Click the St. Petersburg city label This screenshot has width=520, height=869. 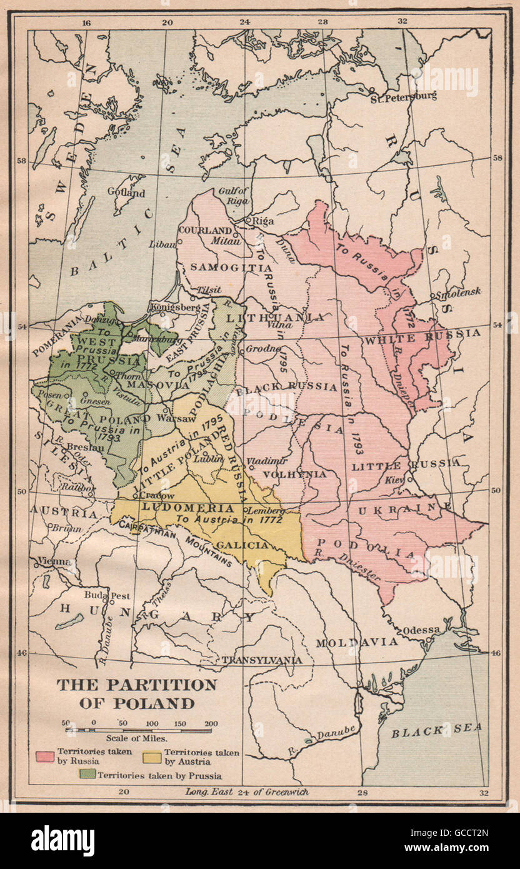(x=403, y=97)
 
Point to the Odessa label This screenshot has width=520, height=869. (x=422, y=629)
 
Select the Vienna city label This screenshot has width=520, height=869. (x=54, y=561)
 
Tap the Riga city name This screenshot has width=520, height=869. (x=262, y=221)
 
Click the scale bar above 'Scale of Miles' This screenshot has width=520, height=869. (x=139, y=730)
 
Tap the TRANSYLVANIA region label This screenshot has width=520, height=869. (x=262, y=660)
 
